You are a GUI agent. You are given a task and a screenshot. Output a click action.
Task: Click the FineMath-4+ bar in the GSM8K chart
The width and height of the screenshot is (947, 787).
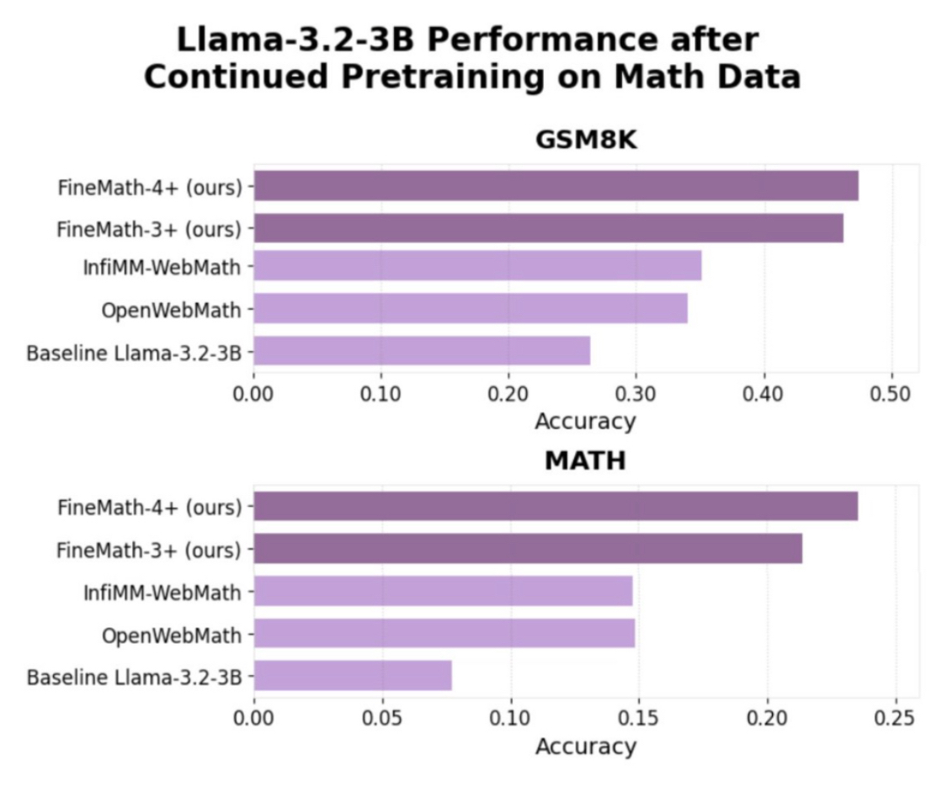[556, 185]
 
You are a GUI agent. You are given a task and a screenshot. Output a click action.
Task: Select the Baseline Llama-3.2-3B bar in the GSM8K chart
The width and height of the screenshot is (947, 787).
[422, 350]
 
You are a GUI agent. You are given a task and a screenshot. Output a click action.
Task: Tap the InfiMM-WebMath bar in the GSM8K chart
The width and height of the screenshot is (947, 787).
[477, 265]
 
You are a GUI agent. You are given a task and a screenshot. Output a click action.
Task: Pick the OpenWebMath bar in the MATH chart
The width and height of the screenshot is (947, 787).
[444, 633]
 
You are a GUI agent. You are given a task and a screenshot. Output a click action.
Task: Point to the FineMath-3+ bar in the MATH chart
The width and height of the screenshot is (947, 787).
[528, 549]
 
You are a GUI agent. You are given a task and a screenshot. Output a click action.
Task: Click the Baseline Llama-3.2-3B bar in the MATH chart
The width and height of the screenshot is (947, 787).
[353, 675]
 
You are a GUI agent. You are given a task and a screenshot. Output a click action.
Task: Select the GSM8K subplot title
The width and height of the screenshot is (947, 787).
[586, 141]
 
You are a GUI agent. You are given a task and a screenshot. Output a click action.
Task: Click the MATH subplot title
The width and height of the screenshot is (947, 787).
[586, 460]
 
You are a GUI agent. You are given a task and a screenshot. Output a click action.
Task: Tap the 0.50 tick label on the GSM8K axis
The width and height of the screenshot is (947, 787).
[891, 394]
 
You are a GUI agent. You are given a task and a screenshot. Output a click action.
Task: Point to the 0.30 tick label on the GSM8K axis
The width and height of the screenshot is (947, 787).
[636, 394]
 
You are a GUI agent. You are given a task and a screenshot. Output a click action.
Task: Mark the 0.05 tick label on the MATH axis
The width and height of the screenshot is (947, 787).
[382, 718]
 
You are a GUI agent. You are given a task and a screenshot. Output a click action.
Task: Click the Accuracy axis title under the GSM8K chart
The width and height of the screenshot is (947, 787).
[586, 421]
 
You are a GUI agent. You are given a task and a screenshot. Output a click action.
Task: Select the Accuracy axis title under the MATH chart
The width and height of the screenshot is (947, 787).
[586, 745]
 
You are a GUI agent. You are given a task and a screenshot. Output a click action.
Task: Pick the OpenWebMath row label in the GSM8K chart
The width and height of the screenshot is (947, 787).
[172, 309]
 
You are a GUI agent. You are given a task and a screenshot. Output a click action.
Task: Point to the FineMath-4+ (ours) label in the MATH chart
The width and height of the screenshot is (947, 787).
[150, 507]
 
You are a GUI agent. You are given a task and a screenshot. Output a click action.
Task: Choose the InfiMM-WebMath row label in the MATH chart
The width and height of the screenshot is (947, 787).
[162, 592]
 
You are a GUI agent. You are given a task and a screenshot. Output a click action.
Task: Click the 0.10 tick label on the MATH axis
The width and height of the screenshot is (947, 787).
[510, 718]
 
